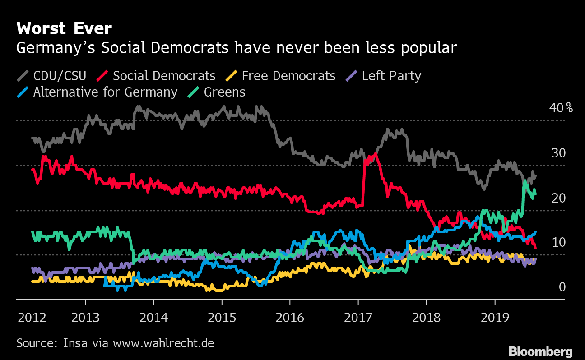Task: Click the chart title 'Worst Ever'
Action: pos(64,29)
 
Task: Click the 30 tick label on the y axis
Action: pos(558,153)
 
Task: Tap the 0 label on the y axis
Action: pos(562,287)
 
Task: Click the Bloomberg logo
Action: pos(541,351)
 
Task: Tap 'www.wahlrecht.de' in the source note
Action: pos(163,343)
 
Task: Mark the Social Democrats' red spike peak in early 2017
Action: pos(375,154)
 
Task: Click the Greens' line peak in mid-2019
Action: pos(525,181)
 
